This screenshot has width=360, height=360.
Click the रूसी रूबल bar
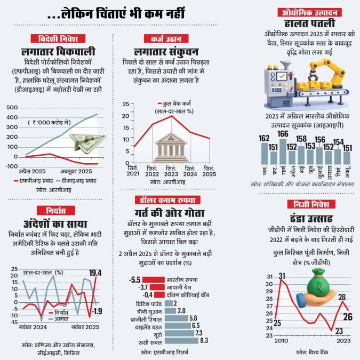[x=181, y=340]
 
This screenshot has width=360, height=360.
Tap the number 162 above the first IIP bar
[x=263, y=139]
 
